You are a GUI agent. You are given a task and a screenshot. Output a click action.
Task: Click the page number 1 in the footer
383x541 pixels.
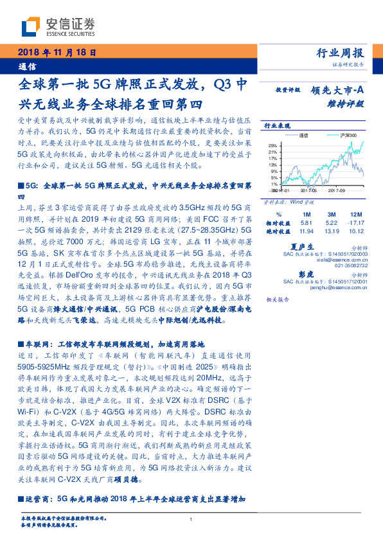pos(191,520)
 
